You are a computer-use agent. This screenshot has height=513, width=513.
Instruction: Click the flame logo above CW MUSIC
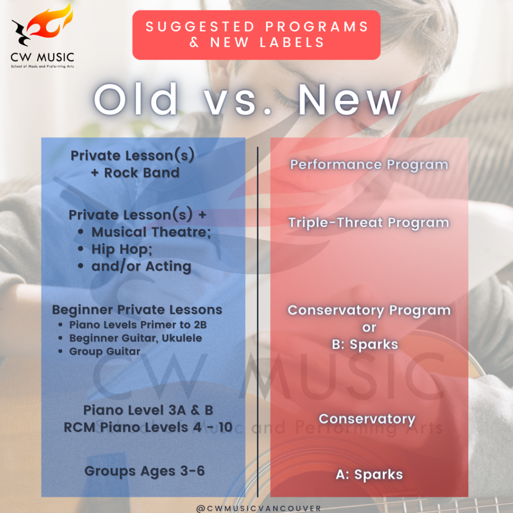[x=42, y=25]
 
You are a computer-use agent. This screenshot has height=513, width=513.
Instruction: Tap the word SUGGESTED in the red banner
[x=200, y=27]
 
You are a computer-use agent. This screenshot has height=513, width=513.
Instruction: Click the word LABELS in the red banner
[x=292, y=43]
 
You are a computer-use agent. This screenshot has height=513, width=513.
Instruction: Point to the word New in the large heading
[x=350, y=100]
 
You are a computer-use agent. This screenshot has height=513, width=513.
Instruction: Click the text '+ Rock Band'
[x=135, y=173]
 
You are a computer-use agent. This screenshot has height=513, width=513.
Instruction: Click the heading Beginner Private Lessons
[x=137, y=310]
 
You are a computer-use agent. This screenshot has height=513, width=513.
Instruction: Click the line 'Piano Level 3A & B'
[x=148, y=410]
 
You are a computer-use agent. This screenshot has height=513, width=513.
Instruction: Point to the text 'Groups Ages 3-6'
[x=144, y=471]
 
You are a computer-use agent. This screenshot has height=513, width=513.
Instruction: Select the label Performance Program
[x=369, y=164]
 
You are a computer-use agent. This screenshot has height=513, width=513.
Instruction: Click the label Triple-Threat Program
[x=369, y=223]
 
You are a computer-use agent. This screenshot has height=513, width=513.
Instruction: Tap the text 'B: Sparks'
[x=365, y=345]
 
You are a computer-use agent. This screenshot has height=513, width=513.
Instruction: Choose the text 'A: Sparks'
[x=369, y=474]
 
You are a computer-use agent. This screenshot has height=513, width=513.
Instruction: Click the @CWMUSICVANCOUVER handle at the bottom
[x=259, y=508]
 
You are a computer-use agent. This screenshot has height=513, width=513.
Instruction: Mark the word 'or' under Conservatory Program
[x=369, y=328]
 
